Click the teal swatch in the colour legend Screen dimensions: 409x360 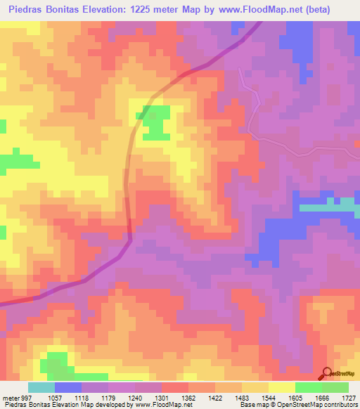tap(41, 387)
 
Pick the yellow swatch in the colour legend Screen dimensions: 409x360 tap(282, 387)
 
